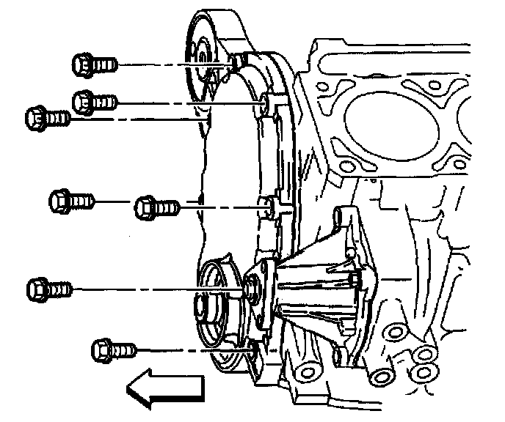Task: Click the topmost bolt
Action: click(x=94, y=64)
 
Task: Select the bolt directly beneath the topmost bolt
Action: click(x=95, y=98)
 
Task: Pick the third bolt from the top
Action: click(x=47, y=116)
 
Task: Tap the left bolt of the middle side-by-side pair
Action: click(x=71, y=199)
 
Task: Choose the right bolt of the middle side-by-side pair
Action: click(x=156, y=208)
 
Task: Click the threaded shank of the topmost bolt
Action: click(x=106, y=64)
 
